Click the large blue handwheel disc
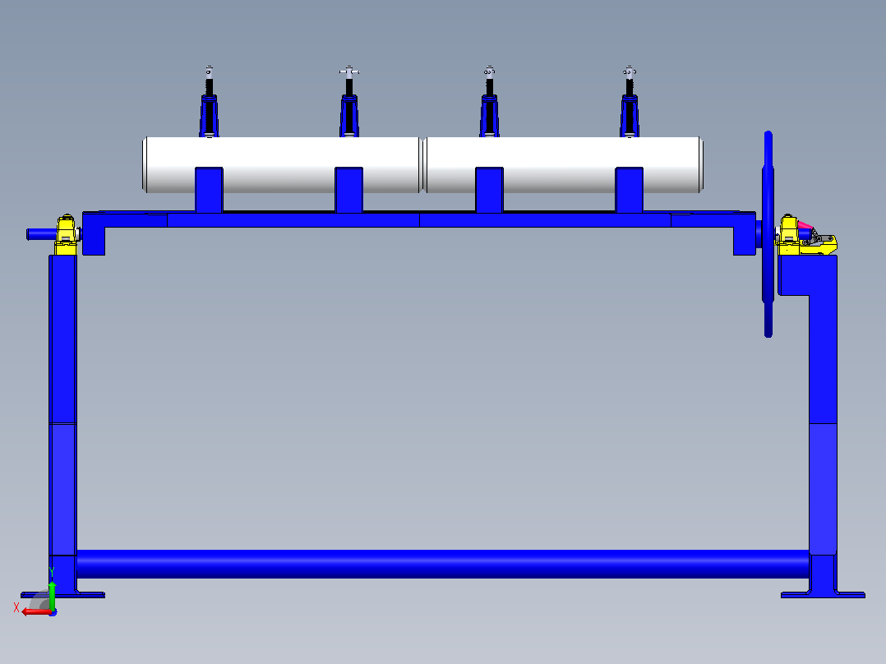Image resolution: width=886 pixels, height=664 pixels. click(x=768, y=234)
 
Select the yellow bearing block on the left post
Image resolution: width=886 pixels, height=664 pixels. click(x=66, y=234)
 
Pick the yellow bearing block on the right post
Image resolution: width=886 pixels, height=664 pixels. click(x=788, y=234)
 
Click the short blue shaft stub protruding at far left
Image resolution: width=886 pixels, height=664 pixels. click(x=42, y=234)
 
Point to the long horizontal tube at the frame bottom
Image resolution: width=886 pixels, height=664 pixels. click(x=442, y=564)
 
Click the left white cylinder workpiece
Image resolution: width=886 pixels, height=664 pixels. click(x=283, y=164)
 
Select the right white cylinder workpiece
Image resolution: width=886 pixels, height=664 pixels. click(x=564, y=164)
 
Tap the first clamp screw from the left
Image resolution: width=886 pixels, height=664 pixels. click(x=209, y=102)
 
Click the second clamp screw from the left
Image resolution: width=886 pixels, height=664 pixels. click(x=349, y=102)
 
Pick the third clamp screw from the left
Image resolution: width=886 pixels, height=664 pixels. click(x=489, y=102)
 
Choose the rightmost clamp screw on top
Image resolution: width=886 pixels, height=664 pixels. click(x=630, y=102)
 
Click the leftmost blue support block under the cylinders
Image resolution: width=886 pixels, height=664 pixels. click(x=209, y=190)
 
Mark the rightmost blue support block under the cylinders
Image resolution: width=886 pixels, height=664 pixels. click(x=629, y=190)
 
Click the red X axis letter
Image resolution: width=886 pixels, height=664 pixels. click(x=16, y=607)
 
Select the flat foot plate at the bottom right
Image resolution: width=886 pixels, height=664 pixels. click(x=823, y=594)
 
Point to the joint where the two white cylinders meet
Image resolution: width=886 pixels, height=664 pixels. click(x=424, y=164)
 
